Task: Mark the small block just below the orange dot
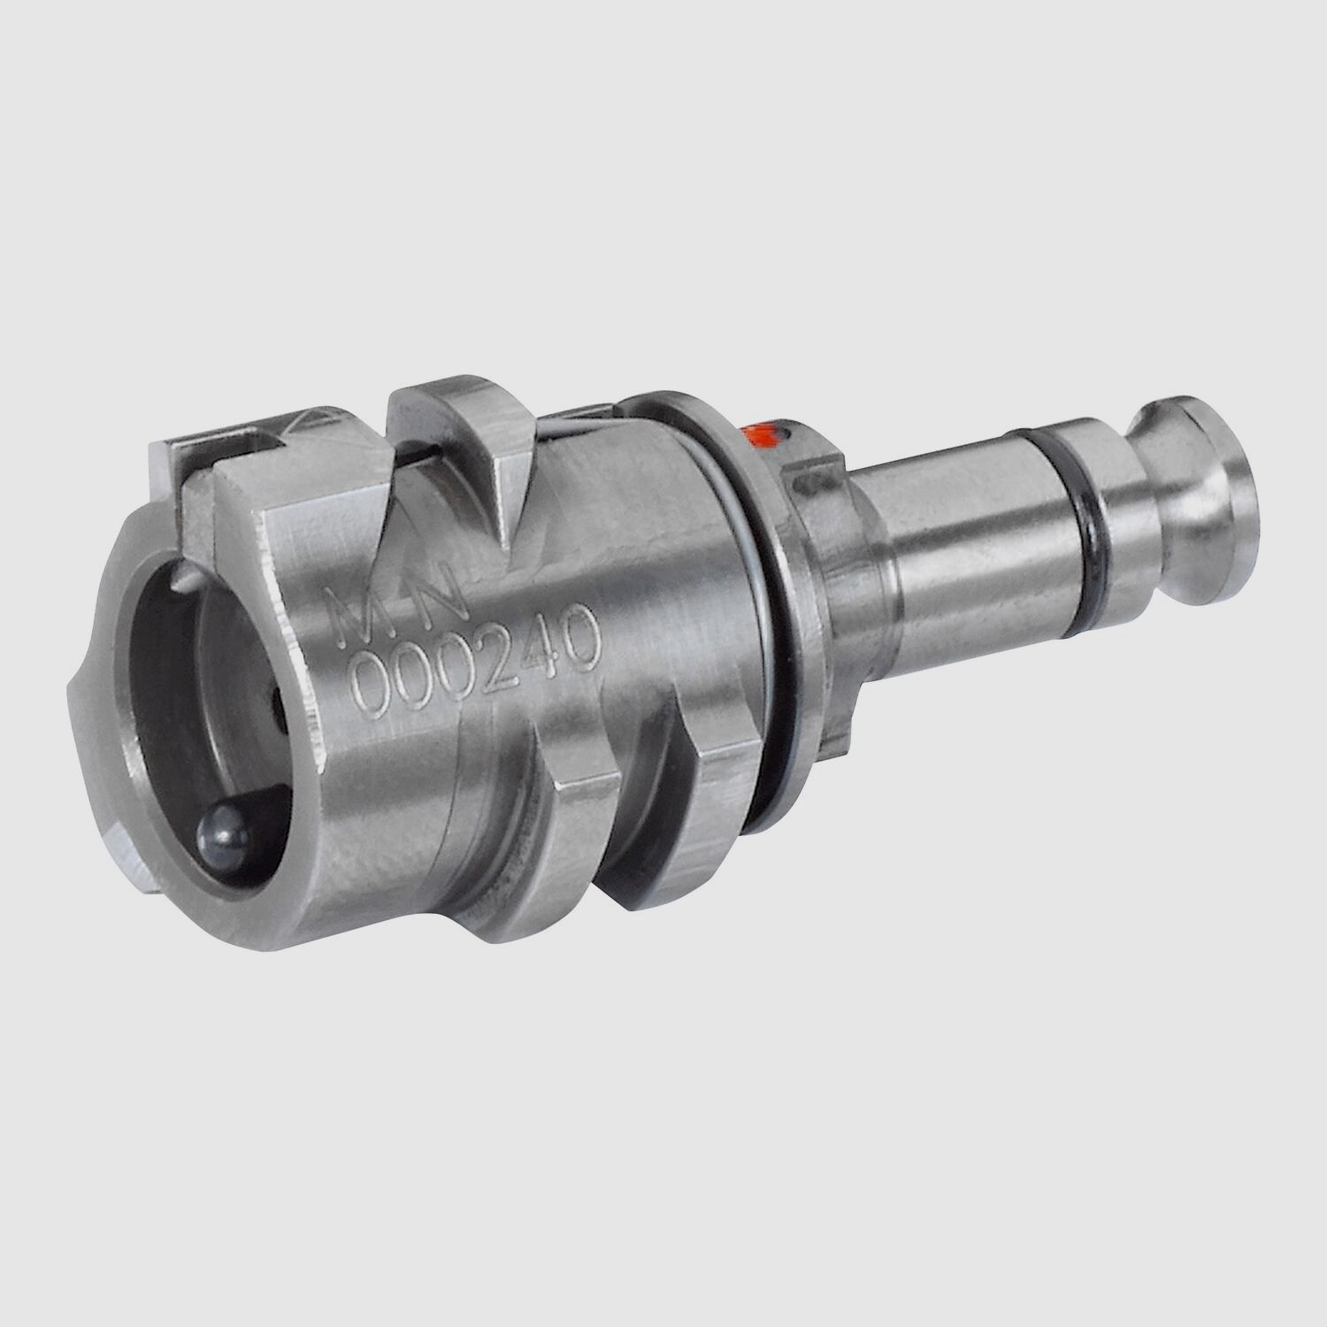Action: pos(809,478)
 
